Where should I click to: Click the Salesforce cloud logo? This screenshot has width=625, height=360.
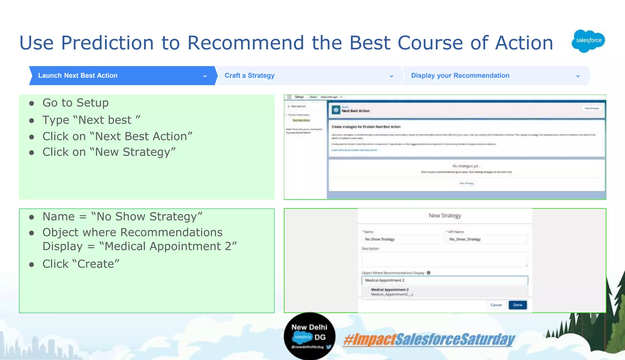coord(588,41)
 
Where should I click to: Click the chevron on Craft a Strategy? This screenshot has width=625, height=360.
coord(391,76)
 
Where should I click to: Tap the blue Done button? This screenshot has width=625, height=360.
coord(518,305)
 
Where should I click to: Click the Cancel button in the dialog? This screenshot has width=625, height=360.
coord(496,305)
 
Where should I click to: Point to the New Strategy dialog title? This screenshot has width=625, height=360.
coord(445,216)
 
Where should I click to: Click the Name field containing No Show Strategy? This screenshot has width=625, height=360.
coord(402,239)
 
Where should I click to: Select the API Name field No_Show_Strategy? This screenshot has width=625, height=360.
coord(487,239)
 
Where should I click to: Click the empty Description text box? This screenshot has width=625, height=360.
coord(444,259)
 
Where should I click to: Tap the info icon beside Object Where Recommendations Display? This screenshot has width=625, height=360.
coord(428,273)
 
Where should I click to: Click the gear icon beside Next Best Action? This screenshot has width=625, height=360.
coord(336,110)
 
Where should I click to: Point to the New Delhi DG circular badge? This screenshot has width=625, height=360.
coord(309,336)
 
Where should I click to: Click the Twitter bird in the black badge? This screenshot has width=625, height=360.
coord(329,347)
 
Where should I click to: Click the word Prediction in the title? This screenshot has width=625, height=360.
coord(107,43)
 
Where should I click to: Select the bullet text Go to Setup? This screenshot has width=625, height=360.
coord(75,103)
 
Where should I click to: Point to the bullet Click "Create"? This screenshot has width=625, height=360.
coord(81,264)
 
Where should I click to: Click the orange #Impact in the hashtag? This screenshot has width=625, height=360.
coord(369,340)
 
